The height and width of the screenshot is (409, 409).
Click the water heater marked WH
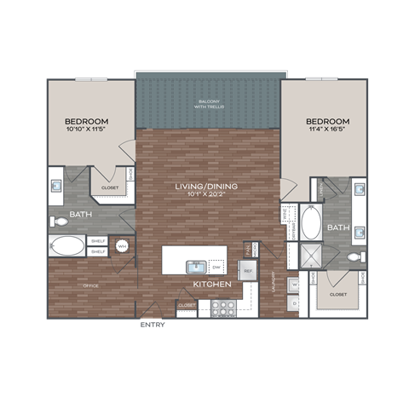(122, 246)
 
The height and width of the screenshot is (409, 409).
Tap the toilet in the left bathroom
(60, 222)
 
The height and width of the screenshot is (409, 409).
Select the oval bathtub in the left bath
(67, 246)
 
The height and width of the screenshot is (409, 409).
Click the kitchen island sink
(193, 267)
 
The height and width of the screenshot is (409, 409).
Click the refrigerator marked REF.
(249, 271)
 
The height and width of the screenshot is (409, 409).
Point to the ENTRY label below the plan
(153, 325)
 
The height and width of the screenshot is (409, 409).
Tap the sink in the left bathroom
(56, 183)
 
